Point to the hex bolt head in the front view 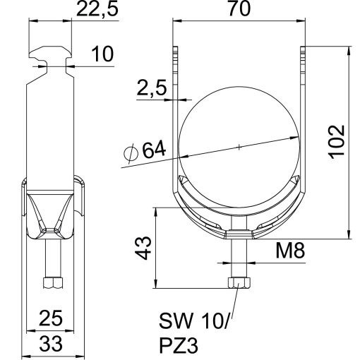point(239,282)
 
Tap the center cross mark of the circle point(239,147)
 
